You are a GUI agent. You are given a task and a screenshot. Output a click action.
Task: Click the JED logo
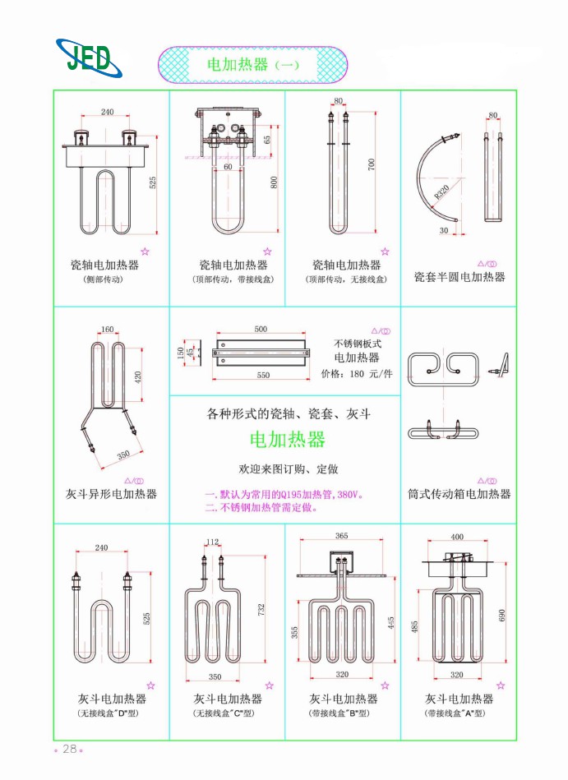(x=88, y=59)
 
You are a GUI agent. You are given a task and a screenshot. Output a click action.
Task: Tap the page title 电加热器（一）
(x=252, y=65)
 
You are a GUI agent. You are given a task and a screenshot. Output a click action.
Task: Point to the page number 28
(x=69, y=749)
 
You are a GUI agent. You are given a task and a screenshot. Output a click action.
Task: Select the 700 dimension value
(x=372, y=164)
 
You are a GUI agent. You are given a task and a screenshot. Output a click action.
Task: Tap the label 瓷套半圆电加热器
(x=459, y=277)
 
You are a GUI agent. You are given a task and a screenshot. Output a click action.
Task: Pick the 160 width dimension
(x=107, y=330)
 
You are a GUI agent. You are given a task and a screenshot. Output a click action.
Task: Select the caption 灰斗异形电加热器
(x=111, y=494)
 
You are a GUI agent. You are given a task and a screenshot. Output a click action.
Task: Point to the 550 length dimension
(x=262, y=376)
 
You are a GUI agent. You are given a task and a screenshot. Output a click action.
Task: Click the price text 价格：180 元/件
(x=356, y=374)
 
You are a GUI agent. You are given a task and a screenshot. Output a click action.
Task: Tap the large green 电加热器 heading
(x=287, y=440)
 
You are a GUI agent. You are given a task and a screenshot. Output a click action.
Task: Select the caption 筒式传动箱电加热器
(x=459, y=494)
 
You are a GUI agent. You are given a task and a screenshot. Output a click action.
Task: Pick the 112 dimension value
(x=213, y=542)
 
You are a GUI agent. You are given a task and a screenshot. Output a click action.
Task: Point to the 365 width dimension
(x=342, y=536)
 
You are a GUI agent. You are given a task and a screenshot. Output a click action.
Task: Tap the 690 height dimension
(x=501, y=615)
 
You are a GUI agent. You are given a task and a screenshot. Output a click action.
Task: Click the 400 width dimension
(x=457, y=537)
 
